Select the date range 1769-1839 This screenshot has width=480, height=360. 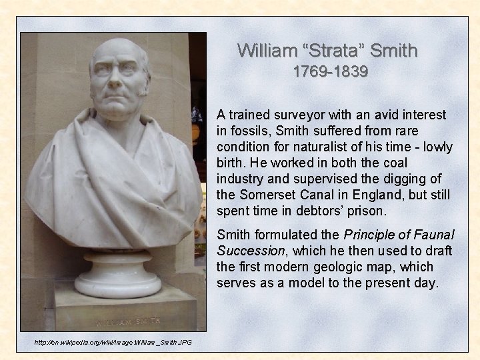(x=330, y=72)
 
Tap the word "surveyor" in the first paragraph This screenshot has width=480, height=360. (x=297, y=115)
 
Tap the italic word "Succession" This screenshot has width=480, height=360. (x=250, y=251)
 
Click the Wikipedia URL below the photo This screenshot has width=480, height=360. (x=113, y=342)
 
